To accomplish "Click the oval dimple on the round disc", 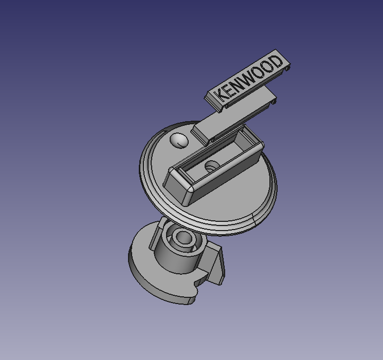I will click(x=178, y=140).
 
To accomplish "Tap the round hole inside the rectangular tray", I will click(x=211, y=166).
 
